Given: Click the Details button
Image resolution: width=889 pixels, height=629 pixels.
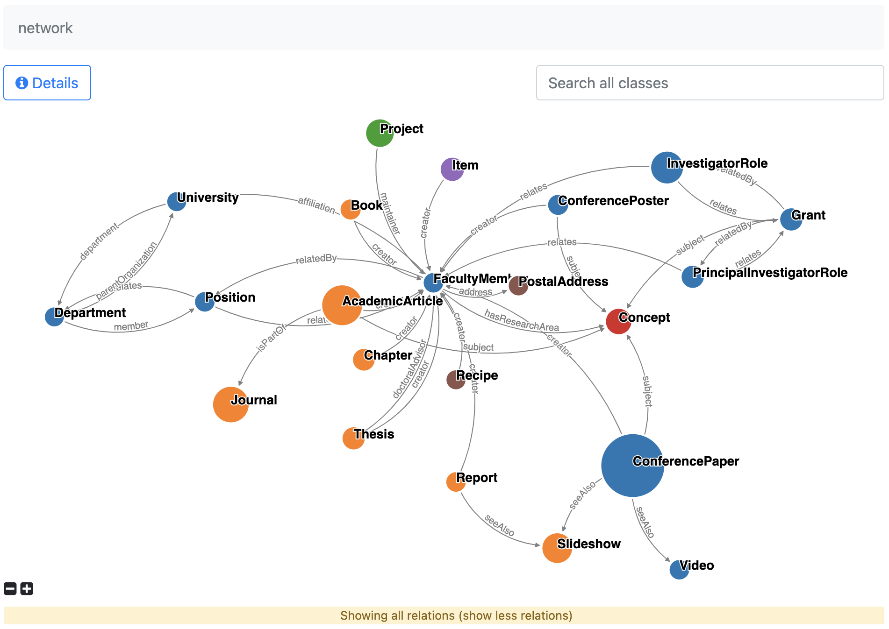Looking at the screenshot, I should click(47, 83).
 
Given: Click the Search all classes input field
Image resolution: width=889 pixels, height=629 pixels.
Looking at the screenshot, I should click(710, 83).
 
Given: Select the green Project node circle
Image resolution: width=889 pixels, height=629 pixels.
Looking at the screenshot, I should click(379, 133).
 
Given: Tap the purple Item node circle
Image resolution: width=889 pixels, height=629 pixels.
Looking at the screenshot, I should click(452, 169).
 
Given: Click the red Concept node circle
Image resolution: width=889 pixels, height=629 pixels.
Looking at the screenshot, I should click(618, 321).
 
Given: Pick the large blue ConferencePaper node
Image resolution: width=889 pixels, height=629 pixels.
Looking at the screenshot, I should click(632, 466).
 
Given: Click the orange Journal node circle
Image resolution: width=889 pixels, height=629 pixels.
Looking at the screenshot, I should click(230, 404).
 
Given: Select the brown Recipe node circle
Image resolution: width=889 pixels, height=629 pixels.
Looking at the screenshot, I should click(455, 380).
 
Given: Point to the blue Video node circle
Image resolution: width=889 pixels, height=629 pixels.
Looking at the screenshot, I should click(679, 570).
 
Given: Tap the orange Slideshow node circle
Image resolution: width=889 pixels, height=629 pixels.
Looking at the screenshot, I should click(557, 548).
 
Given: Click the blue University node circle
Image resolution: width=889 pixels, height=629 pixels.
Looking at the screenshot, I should click(176, 201).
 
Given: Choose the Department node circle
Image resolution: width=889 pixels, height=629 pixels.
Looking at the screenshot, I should click(54, 317).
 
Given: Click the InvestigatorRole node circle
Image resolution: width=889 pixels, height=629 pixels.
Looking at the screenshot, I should click(667, 167).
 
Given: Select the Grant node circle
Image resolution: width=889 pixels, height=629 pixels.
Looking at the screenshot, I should click(791, 219).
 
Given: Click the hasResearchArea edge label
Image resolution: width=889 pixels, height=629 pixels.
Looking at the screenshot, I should click(521, 321).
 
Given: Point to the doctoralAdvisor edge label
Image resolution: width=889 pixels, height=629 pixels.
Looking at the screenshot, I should click(410, 369).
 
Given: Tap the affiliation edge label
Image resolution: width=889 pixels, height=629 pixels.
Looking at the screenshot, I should click(316, 205).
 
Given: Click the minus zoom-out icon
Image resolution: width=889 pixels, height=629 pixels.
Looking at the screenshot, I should click(10, 589).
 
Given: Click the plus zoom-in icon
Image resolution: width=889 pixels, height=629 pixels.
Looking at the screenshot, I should click(27, 589).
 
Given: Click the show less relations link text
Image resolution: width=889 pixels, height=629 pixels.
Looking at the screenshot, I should click(516, 615).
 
